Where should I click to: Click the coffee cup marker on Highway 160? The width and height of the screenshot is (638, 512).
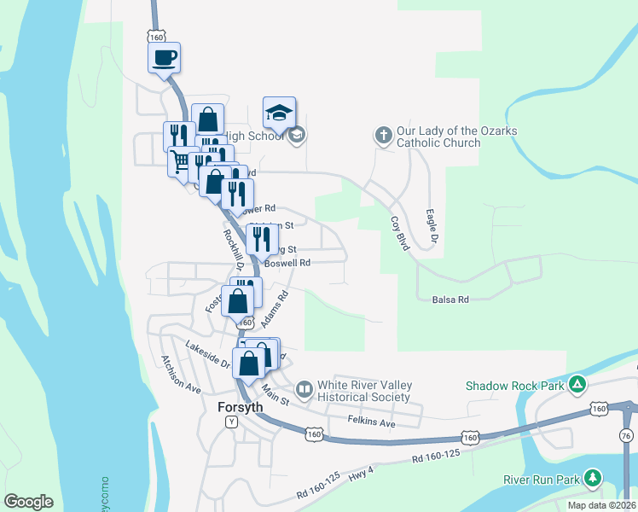(165, 58)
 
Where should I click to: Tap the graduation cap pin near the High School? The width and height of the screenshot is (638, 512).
(279, 113)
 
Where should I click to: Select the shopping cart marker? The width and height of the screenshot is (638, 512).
(180, 160)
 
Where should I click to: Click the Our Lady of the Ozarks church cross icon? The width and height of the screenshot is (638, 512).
(383, 135)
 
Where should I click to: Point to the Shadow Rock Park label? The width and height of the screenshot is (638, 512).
(514, 385)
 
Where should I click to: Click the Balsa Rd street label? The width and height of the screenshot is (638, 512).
(451, 300)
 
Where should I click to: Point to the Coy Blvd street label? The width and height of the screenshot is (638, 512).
(399, 231)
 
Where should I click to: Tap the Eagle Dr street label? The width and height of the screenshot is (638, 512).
(433, 220)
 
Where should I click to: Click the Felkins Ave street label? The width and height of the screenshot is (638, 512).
(372, 422)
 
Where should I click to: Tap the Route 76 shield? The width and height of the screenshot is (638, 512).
(627, 436)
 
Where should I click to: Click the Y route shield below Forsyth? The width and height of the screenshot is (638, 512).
(229, 422)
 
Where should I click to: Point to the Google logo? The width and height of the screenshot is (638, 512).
(28, 502)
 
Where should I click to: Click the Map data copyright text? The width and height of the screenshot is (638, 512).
(600, 505)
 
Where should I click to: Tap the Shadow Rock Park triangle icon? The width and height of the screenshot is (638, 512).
(577, 384)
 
